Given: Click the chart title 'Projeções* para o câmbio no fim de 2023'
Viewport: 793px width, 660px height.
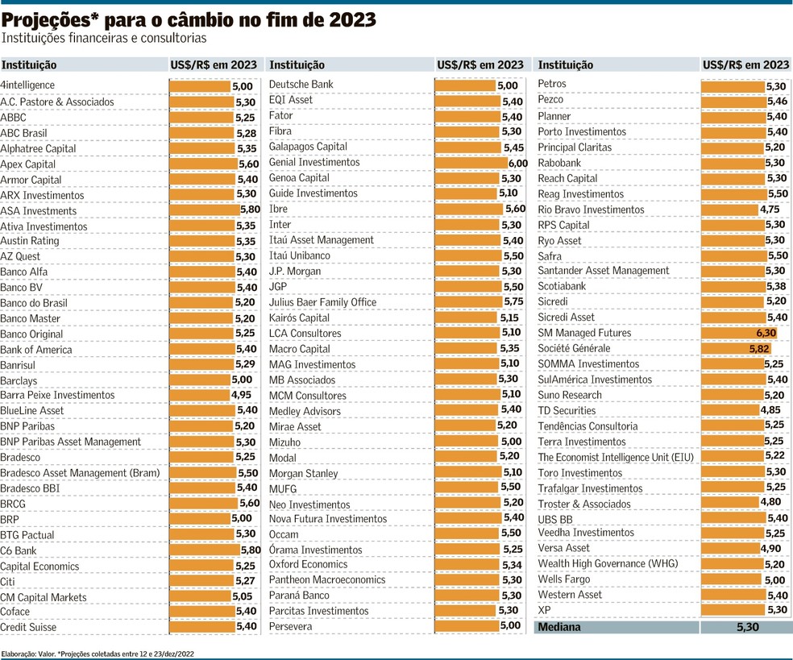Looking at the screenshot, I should coord(189,19).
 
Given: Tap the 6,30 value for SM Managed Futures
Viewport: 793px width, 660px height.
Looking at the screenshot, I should coord(766,333).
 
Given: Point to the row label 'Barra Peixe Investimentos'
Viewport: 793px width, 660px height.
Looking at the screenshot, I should coord(57,396).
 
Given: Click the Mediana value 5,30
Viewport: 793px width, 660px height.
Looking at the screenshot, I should coord(746,627).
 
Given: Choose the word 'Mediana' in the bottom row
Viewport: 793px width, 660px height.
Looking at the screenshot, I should coord(559,627).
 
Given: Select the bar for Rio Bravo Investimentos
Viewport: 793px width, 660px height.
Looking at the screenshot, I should coord(729,210).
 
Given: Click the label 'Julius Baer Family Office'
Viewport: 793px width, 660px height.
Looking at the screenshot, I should coord(322,302).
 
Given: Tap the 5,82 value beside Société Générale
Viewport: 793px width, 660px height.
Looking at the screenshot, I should coord(759,349).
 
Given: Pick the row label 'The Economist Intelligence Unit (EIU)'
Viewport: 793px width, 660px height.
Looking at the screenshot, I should coord(616,457).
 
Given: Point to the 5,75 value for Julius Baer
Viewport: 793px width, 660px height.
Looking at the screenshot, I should coord(514,302).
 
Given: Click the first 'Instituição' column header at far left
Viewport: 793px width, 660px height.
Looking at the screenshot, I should coord(28,65).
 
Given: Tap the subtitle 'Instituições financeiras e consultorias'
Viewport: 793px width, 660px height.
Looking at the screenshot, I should coord(104,38).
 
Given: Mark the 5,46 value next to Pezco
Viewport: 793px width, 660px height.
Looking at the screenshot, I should coord(777,101).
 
